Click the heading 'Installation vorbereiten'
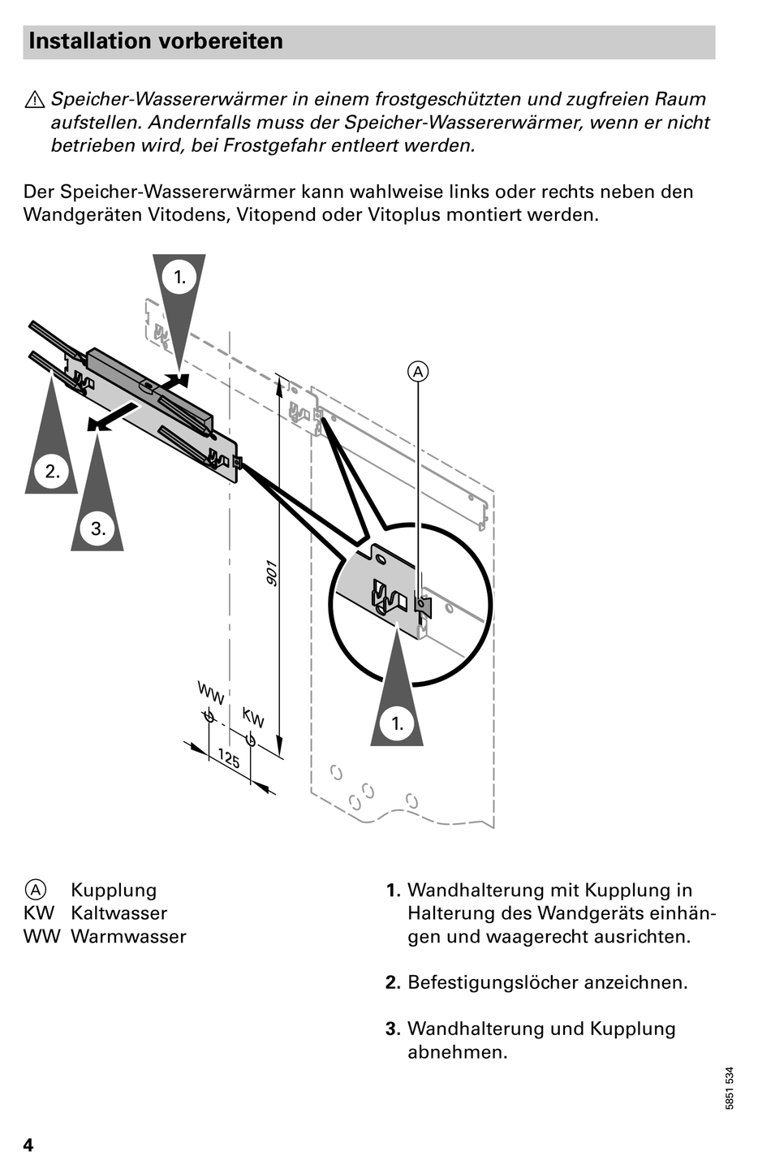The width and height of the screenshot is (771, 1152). click(156, 41)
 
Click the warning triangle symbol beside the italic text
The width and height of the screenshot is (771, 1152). click(35, 101)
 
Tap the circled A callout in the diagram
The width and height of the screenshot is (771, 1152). click(417, 372)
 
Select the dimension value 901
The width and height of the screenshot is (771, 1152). click(273, 573)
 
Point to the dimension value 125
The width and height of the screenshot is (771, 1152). click(229, 759)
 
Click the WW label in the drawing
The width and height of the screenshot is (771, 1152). click(211, 694)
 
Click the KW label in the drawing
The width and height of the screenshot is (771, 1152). click(253, 718)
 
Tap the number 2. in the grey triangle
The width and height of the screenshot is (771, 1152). click(52, 472)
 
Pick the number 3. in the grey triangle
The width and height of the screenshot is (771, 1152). click(98, 529)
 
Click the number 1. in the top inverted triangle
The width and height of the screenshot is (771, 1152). click(179, 277)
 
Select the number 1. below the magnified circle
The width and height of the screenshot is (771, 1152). click(398, 723)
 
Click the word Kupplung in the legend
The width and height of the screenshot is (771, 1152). click(114, 890)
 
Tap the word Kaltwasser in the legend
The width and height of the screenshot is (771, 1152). click(118, 913)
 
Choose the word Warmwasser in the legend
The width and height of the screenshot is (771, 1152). click(128, 937)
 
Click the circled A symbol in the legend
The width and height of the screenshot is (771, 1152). click(36, 890)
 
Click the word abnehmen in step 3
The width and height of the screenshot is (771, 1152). click(457, 1052)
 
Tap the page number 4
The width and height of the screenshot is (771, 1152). click(28, 1145)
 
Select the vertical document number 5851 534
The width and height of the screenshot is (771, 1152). click(730, 1089)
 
